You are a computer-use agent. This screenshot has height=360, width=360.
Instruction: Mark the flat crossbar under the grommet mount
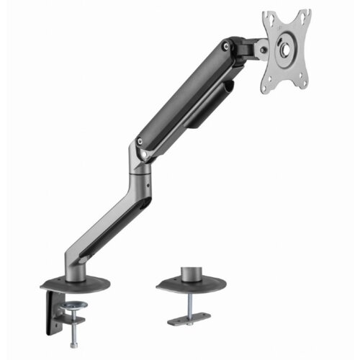pos(189,316)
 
